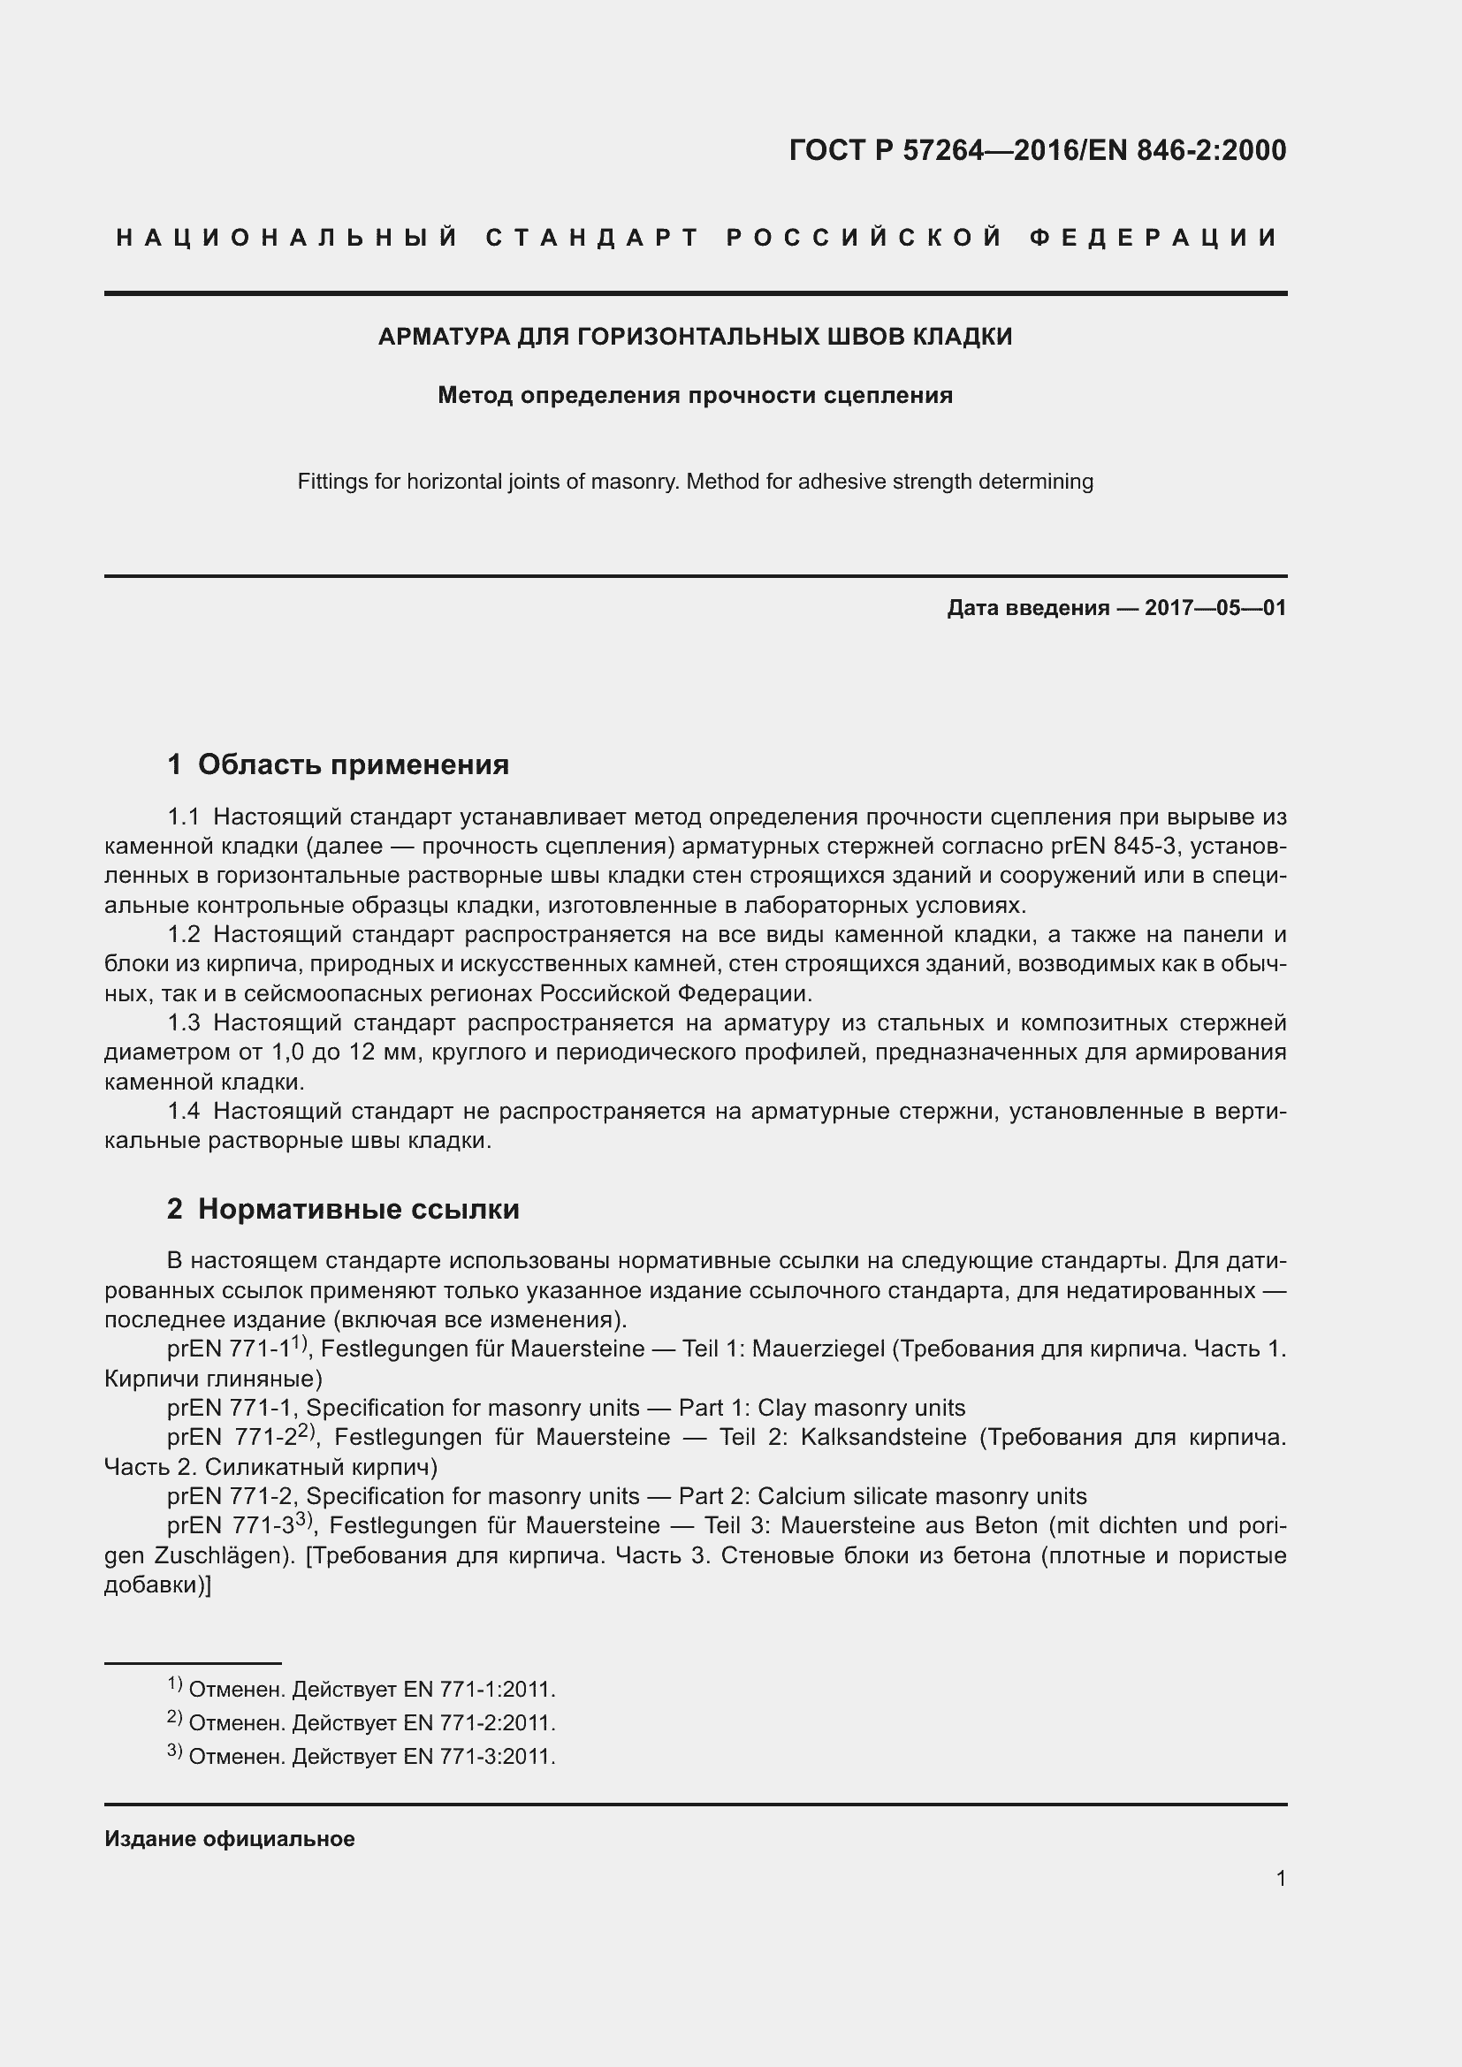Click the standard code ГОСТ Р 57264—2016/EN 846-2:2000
pos(1037,150)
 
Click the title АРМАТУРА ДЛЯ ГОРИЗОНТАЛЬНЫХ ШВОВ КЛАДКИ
pos(695,337)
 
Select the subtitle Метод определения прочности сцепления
pos(695,395)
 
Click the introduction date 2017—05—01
pos(1215,608)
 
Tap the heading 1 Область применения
pos(338,764)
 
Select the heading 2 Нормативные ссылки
pos(343,1208)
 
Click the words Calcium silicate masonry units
pos(922,1496)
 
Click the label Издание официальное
pos(230,1838)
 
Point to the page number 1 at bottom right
pos(1281,1878)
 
